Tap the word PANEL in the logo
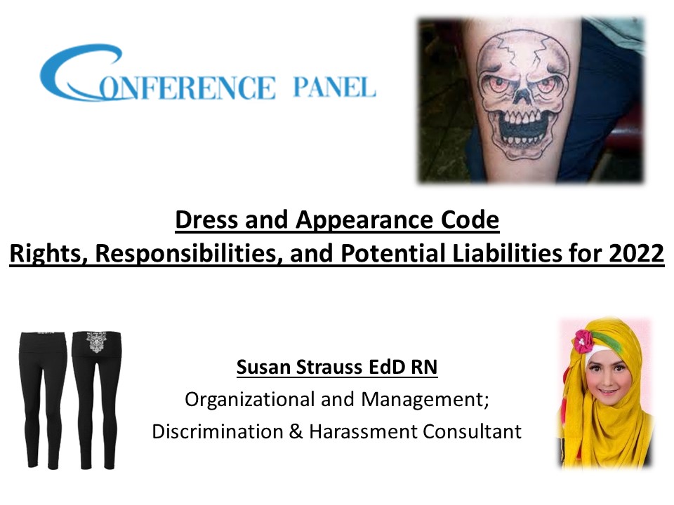point(333,88)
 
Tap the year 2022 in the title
point(636,252)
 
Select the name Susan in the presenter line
point(263,367)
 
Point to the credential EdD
point(388,367)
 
